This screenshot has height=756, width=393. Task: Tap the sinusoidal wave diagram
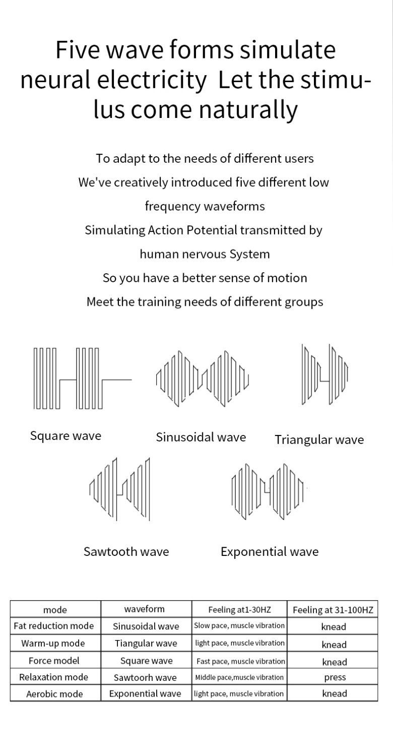click(203, 379)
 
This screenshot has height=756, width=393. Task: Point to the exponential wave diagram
click(268, 491)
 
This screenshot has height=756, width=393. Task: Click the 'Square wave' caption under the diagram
click(66, 436)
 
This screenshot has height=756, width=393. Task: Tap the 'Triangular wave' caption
click(319, 440)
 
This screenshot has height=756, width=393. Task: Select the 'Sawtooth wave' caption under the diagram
click(126, 551)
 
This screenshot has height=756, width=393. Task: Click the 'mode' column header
click(55, 609)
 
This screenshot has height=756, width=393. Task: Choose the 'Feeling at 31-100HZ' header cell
click(333, 609)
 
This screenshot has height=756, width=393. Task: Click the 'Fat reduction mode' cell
click(53, 626)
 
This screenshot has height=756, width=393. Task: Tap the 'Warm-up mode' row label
click(53, 643)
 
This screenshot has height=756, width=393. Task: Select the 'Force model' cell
click(54, 660)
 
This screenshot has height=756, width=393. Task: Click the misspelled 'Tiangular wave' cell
click(146, 643)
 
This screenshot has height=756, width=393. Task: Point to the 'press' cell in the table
click(335, 678)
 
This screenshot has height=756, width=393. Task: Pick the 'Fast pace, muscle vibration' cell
click(240, 661)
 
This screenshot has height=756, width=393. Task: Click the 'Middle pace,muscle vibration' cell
click(239, 677)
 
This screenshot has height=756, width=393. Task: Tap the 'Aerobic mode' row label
click(54, 694)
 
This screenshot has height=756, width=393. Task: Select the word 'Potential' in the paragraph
click(212, 230)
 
